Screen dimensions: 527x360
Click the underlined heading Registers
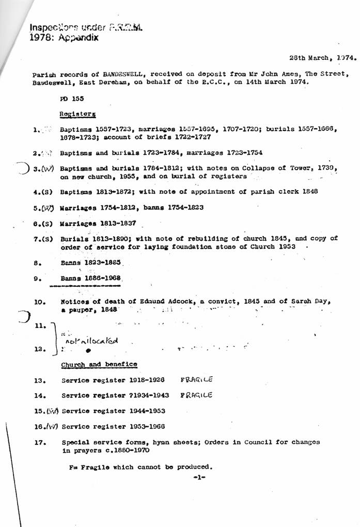click(77, 114)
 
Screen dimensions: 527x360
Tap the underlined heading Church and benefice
click(99, 365)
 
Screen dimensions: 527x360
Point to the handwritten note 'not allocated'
click(91, 341)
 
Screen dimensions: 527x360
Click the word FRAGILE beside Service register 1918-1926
click(197, 380)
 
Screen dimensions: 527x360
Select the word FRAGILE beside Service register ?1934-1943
click(197, 395)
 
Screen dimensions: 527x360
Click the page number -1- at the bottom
click(199, 477)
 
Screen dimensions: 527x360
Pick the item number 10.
click(40, 301)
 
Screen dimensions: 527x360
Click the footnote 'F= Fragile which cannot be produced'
click(140, 467)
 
